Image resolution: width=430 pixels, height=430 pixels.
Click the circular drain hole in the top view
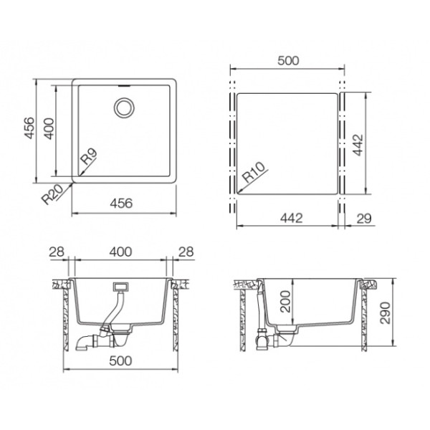pyautogui.click(x=124, y=107)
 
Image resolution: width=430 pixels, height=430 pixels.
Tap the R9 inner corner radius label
pyautogui.click(x=89, y=156)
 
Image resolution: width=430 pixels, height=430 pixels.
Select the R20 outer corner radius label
pyautogui.click(x=52, y=194)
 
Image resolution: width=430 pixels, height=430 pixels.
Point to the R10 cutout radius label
pyautogui.click(x=254, y=172)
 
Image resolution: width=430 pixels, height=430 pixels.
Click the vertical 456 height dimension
pyautogui.click(x=29, y=128)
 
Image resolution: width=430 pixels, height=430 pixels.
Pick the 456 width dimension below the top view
pyautogui.click(x=121, y=204)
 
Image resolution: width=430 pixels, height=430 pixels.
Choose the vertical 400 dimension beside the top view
pyautogui.click(x=49, y=128)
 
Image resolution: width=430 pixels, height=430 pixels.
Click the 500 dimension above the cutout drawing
pyautogui.click(x=288, y=61)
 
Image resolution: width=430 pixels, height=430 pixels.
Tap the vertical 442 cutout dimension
pyautogui.click(x=358, y=145)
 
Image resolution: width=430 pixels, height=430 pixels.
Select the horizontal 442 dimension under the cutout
pyautogui.click(x=292, y=218)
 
